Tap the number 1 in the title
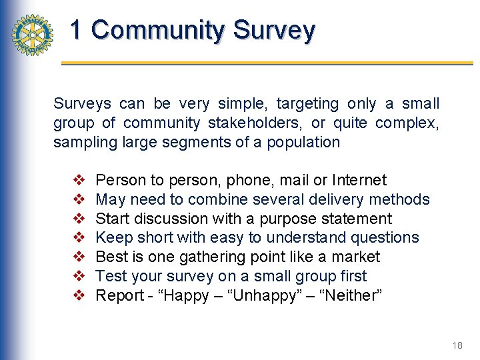coord(77,30)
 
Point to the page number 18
coord(457,345)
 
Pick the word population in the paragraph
coord(304,142)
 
